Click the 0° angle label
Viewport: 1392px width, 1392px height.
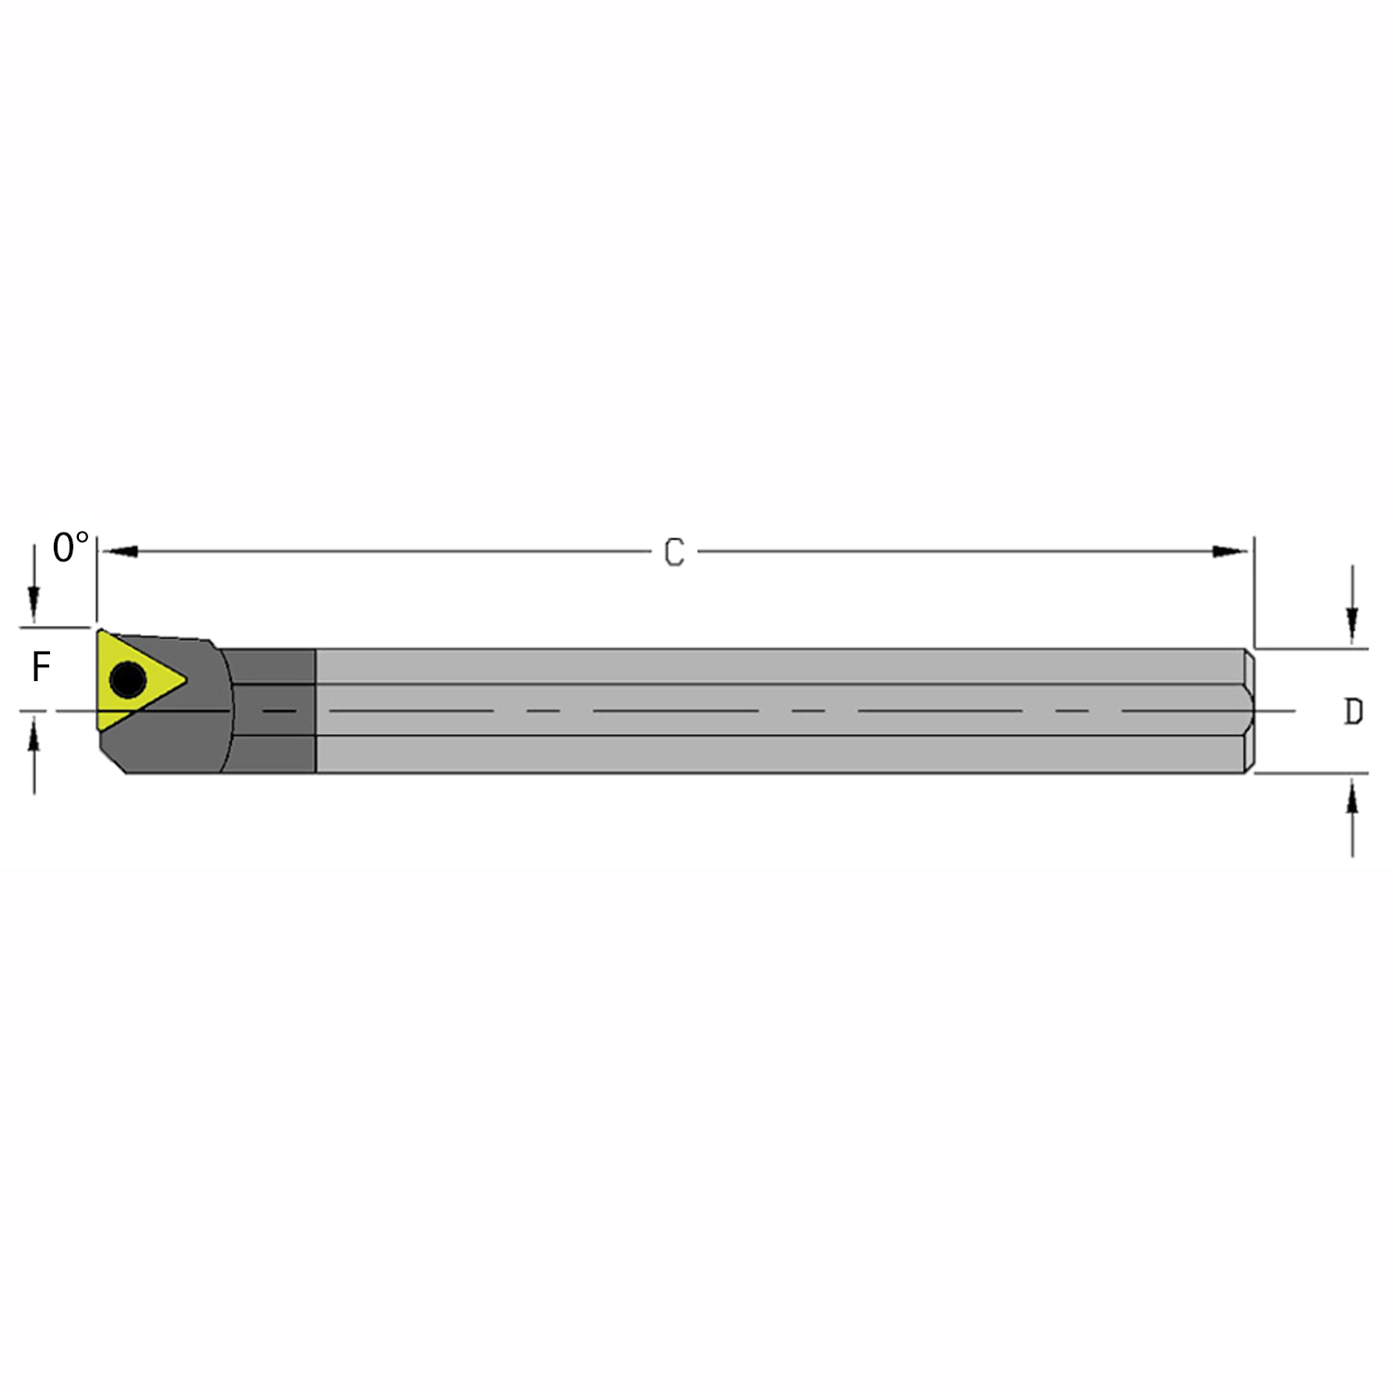(x=71, y=548)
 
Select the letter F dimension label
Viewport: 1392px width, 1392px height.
(x=41, y=667)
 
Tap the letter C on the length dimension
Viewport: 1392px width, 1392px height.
(x=675, y=553)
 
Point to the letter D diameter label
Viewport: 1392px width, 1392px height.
(x=1354, y=712)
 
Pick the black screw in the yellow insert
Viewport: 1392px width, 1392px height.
(x=127, y=680)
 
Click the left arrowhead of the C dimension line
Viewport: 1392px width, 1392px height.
(x=119, y=552)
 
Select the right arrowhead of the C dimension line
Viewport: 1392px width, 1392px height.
(x=1231, y=552)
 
